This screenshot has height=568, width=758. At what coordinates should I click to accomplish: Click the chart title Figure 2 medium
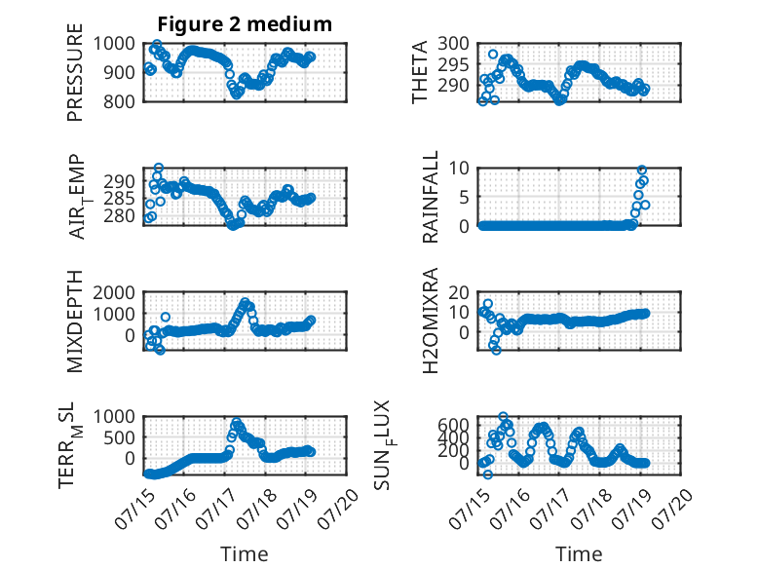[x=245, y=23]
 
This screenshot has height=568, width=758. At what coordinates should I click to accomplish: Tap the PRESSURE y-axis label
[x=75, y=72]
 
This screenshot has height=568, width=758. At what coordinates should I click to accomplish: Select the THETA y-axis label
[x=420, y=72]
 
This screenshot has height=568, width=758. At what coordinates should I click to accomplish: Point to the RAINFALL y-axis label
[x=430, y=197]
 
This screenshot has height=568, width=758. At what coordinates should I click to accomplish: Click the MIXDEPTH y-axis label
[x=75, y=321]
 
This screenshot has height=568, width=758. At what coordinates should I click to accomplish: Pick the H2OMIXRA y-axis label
[x=430, y=321]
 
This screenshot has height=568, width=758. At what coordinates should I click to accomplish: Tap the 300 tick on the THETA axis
[x=453, y=44]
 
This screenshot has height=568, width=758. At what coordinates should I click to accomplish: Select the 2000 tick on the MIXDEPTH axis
[x=114, y=292]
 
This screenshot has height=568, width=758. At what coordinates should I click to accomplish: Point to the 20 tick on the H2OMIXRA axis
[x=459, y=292]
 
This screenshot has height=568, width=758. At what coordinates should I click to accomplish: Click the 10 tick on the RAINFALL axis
[x=459, y=169]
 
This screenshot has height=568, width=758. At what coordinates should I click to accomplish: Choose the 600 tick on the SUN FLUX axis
[x=453, y=425]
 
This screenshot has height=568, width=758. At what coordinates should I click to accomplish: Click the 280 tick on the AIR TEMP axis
[x=119, y=215]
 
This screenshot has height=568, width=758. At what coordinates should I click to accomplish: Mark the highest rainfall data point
[x=642, y=170]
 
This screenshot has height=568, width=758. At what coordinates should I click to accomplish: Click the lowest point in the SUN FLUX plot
[x=488, y=474]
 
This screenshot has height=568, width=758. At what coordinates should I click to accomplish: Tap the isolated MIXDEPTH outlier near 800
[x=166, y=317]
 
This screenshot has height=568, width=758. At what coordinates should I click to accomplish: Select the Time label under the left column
[x=245, y=554]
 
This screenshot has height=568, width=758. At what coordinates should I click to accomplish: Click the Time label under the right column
[x=579, y=554]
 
